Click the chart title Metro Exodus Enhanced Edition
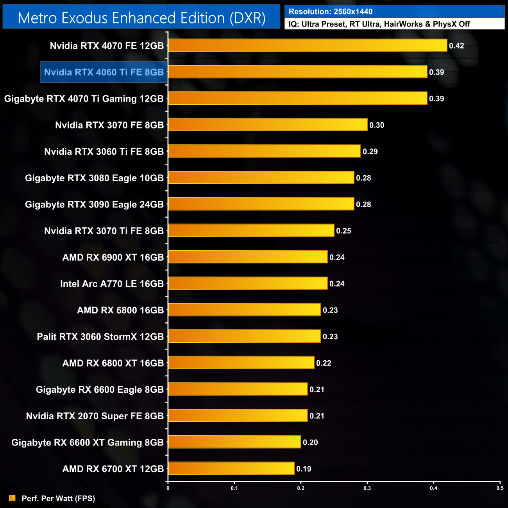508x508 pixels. tap(141, 18)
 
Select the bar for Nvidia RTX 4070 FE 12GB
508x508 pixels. tap(308, 45)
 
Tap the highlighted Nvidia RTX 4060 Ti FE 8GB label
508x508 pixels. tap(104, 72)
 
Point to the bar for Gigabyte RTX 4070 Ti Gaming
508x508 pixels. tap(297, 98)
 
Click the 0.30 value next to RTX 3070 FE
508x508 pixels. tap(377, 125)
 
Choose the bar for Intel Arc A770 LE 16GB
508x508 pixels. tap(248, 283)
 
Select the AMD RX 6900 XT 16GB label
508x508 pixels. tap(113, 257)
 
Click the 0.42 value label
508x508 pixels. tap(456, 46)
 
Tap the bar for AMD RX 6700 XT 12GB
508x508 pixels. tap(231, 468)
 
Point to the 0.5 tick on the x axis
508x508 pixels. tap(500, 488)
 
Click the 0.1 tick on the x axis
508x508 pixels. tap(234, 488)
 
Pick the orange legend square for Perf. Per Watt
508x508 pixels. tap(13, 498)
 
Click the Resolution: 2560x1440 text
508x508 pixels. tap(331, 12)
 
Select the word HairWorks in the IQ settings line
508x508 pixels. tap(403, 24)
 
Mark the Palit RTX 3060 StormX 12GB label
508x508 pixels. tap(100, 336)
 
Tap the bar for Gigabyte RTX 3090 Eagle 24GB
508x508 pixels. tap(261, 204)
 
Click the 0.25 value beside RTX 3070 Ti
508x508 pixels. tap(343, 231)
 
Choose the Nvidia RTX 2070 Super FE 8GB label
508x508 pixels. tap(95, 416)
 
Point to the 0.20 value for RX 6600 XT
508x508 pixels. tap(310, 442)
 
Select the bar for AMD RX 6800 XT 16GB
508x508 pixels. tap(241, 363)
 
